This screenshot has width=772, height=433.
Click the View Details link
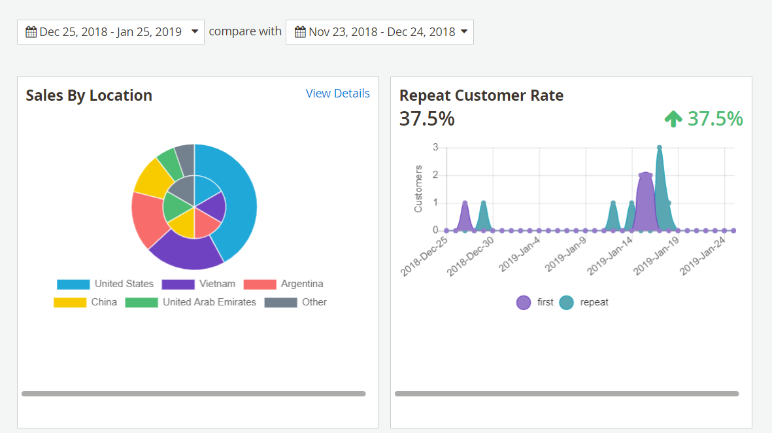click(337, 94)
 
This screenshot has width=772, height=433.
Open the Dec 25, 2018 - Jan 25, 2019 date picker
click(110, 32)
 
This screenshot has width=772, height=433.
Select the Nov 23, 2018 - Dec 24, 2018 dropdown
click(379, 32)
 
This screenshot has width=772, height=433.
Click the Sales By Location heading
click(89, 95)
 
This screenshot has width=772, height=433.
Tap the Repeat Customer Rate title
click(481, 95)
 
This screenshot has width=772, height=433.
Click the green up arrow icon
click(673, 119)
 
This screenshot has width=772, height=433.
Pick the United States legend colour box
click(73, 285)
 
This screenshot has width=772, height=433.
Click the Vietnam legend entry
click(217, 284)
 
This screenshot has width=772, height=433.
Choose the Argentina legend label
click(302, 284)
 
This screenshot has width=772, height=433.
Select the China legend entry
click(104, 302)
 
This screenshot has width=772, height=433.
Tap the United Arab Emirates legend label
click(209, 302)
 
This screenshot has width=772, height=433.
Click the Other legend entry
click(314, 302)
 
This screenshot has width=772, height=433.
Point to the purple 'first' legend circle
click(524, 302)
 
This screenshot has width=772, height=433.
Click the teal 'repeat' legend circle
click(566, 302)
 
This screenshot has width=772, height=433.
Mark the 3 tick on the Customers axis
click(435, 148)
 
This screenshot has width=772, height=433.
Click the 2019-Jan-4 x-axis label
click(520, 256)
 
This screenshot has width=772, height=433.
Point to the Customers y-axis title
click(418, 188)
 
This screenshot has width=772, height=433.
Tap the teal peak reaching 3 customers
click(660, 148)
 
